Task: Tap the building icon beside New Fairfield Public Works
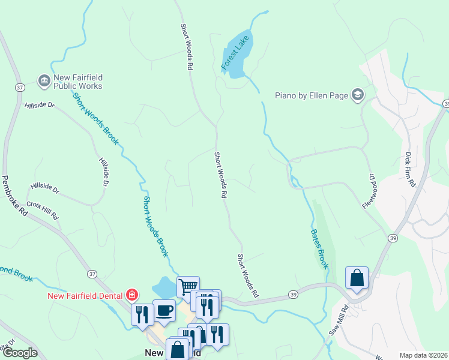coord(43,80)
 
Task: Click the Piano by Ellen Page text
coord(312,95)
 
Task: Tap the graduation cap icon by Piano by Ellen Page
coord(358,94)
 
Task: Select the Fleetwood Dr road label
coord(369,191)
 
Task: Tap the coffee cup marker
coord(164,310)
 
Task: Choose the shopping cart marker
coord(188,287)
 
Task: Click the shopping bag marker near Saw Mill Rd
coord(357,278)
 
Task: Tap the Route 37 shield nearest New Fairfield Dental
coord(92,274)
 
